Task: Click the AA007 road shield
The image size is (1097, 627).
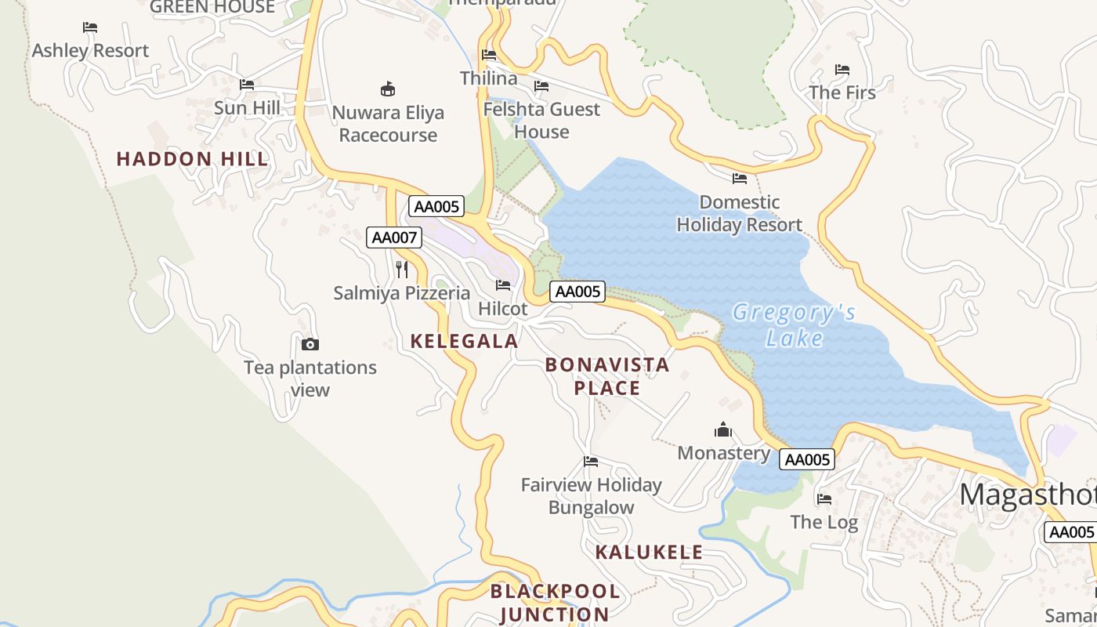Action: [394, 237]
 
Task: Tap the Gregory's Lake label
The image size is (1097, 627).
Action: [794, 325]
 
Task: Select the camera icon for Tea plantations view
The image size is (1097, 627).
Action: [310, 344]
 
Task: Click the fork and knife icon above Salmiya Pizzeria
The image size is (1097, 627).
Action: [402, 270]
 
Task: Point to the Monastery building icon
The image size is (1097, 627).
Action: [722, 429]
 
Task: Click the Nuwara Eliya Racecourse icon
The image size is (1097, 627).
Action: [388, 89]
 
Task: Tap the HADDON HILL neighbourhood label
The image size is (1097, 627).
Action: [192, 159]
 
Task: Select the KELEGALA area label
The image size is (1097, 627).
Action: [464, 341]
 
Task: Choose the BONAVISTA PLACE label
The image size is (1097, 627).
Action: [607, 376]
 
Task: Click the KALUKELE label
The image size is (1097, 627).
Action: [649, 552]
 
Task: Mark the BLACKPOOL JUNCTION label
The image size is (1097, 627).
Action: [555, 603]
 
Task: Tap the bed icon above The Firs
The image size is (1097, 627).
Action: [842, 70]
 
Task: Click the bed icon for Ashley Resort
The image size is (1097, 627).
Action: [90, 27]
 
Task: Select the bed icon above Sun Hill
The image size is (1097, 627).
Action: [247, 85]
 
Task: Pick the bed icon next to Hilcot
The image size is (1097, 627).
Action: [503, 285]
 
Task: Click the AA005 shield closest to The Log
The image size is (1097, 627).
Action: [807, 460]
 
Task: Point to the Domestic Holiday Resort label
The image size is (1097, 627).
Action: [739, 213]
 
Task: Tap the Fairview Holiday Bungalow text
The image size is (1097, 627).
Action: [591, 496]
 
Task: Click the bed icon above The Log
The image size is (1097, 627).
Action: [824, 498]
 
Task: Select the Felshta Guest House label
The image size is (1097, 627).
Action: [541, 120]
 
